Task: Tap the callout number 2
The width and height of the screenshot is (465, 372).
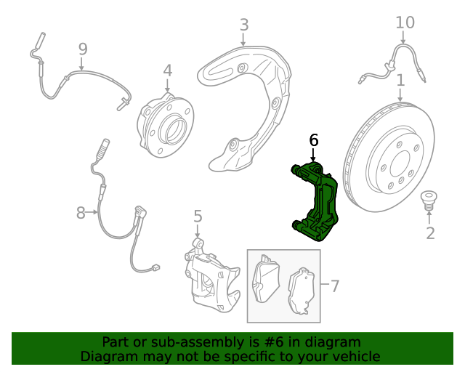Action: pyautogui.click(x=430, y=232)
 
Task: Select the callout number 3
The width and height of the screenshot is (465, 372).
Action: pyautogui.click(x=244, y=25)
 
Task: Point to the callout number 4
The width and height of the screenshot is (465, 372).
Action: pyautogui.click(x=168, y=70)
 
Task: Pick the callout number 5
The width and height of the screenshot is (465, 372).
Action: pyautogui.click(x=198, y=216)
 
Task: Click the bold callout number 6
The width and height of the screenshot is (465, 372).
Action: pyautogui.click(x=314, y=139)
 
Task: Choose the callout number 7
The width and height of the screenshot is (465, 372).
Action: pyautogui.click(x=334, y=286)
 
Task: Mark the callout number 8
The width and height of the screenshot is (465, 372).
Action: pyautogui.click(x=81, y=213)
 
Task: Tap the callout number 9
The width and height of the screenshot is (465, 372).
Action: pyautogui.click(x=82, y=49)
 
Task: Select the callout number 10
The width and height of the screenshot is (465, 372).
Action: pyautogui.click(x=405, y=23)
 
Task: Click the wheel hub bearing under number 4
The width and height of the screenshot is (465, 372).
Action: pyautogui.click(x=166, y=126)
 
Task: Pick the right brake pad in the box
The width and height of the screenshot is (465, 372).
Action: pyautogui.click(x=304, y=293)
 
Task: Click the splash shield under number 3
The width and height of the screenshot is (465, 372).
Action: pyautogui.click(x=247, y=102)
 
